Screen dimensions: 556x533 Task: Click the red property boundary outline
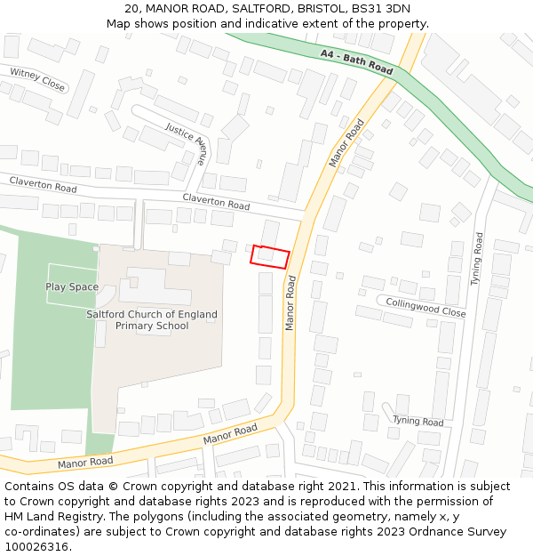[x=270, y=256]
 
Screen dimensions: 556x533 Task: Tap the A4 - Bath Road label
[x=356, y=62]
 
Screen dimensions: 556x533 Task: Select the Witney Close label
[x=37, y=79]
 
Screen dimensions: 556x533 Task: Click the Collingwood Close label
[x=426, y=307]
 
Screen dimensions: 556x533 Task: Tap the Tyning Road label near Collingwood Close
[x=477, y=258]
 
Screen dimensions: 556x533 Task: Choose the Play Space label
[x=72, y=286]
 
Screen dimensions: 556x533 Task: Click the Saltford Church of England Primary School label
[x=151, y=320]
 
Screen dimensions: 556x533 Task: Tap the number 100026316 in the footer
[x=38, y=546]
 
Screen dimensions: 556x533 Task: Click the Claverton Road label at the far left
[x=43, y=184]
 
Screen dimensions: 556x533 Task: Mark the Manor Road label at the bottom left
[x=85, y=463]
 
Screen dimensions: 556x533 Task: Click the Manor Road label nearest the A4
[x=347, y=142]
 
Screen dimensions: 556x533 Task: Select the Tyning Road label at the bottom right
[x=418, y=421]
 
